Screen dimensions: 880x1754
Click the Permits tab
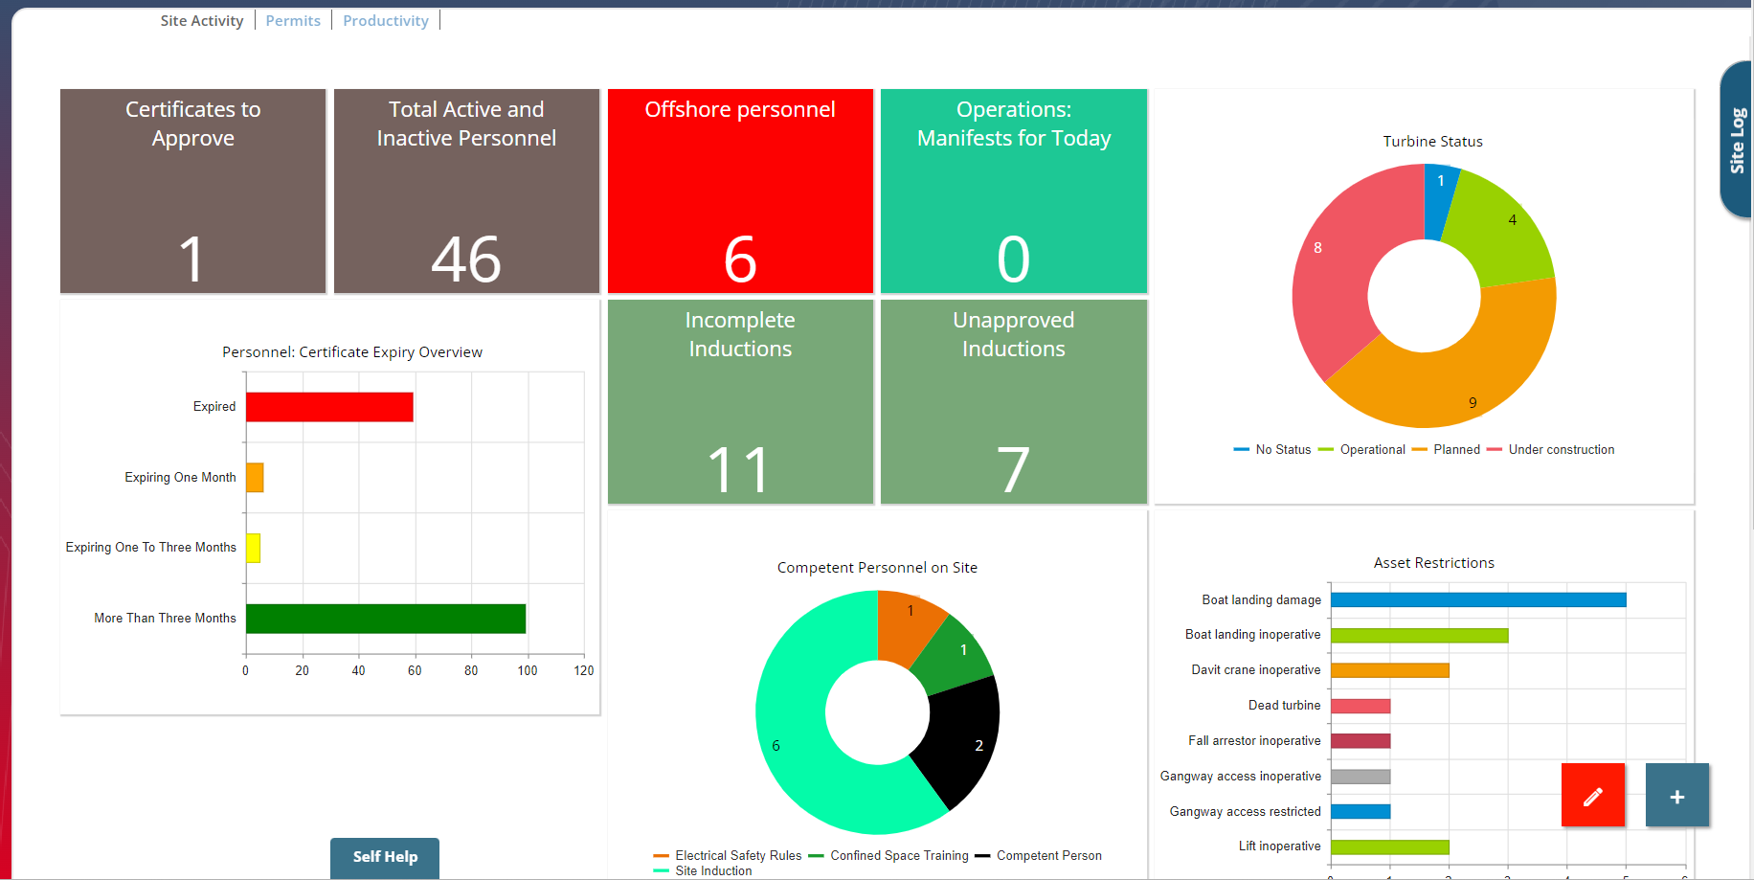coord(293,21)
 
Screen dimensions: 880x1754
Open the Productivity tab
coord(386,21)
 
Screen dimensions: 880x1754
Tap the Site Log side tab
coord(1737,140)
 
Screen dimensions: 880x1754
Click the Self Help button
coord(385,857)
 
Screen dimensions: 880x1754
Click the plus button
coord(1676,796)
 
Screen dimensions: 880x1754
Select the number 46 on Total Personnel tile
coord(466,259)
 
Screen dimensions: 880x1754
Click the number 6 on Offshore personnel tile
coord(740,259)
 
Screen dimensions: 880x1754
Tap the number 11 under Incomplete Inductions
coord(740,470)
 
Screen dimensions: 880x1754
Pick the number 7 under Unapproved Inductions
coord(1013,470)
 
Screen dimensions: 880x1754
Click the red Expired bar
coord(329,407)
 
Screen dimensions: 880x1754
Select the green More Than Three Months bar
coord(385,619)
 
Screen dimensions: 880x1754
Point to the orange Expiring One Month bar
coord(255,477)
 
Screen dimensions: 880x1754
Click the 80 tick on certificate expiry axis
coord(471,671)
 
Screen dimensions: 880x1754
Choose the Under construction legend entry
coord(1561,450)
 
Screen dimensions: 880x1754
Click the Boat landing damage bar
coord(1477,600)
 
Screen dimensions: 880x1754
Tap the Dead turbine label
coord(1284,706)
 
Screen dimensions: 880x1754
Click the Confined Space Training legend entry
coord(898,856)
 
